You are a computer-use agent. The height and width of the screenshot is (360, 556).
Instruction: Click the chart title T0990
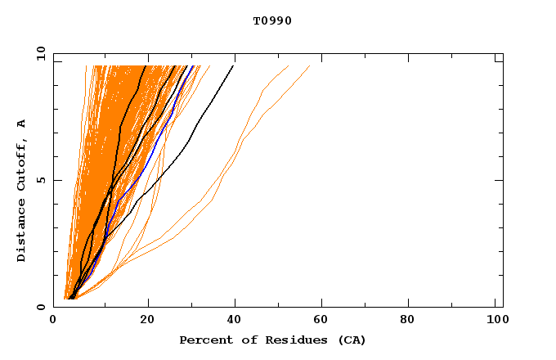pos(272,20)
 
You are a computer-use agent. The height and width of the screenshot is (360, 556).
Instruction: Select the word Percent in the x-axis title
pos(203,340)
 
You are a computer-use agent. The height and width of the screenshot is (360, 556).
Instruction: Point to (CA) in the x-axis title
pos(348,340)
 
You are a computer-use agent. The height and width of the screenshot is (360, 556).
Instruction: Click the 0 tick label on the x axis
pos(54,321)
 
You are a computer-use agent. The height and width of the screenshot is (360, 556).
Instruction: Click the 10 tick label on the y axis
pos(40,53)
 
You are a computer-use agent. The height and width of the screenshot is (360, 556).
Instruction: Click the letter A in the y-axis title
pos(21,124)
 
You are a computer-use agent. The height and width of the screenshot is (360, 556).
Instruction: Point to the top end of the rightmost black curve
pos(233,66)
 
